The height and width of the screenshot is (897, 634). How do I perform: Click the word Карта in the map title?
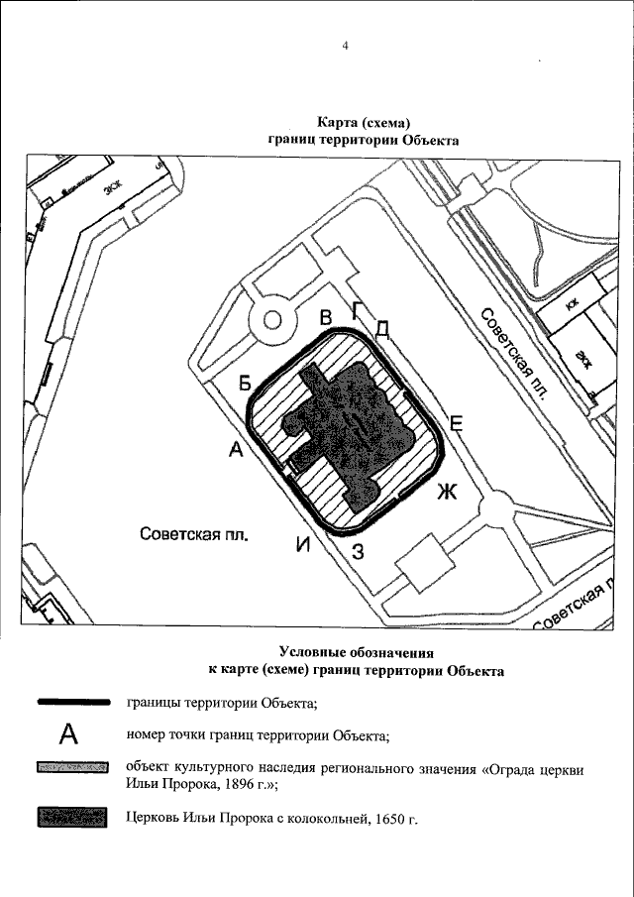[x=339, y=122]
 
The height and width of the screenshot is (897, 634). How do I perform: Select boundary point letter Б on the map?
[x=246, y=383]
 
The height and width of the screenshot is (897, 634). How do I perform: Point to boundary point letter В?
[x=325, y=318]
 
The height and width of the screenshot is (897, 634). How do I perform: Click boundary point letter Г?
[x=358, y=307]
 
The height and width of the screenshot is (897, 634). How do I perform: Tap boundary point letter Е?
[x=457, y=421]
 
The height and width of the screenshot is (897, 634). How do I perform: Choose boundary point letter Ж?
[x=447, y=491]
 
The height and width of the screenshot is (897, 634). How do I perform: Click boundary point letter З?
[x=359, y=551]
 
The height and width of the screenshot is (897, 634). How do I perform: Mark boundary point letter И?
[x=303, y=544]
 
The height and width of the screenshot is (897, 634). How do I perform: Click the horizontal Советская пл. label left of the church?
[x=192, y=534]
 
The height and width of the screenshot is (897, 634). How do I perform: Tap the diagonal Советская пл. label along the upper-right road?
[x=513, y=351]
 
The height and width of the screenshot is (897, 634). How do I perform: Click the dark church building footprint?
[x=347, y=431]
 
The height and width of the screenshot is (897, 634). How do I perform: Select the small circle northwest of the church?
[x=272, y=320]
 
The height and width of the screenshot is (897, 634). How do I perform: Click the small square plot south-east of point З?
[x=424, y=560]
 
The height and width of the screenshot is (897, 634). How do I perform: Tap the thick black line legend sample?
[x=71, y=703]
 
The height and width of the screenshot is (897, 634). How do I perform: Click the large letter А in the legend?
[x=68, y=734]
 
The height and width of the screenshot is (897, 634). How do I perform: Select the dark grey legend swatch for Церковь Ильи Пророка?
[x=71, y=818]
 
